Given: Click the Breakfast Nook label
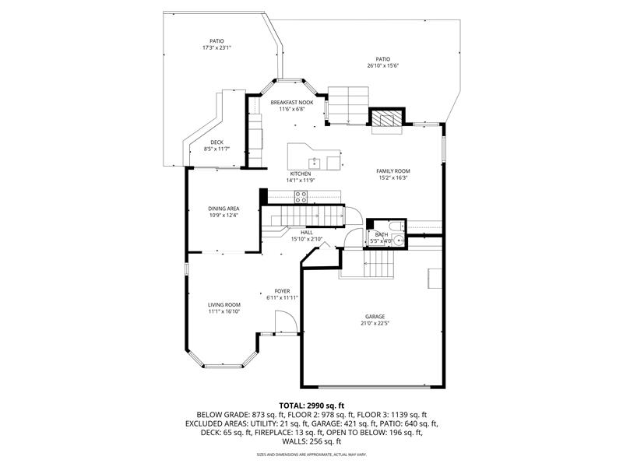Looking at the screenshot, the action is coord(291,103).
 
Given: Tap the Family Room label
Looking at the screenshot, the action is coord(393,171).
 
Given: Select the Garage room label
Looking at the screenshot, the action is coord(375,317).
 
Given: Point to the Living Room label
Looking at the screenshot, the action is coord(224,305).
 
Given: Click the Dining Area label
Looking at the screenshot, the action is coord(224,209).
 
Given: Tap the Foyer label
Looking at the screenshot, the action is coord(282,291).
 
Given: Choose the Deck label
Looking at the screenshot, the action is coord(217,142).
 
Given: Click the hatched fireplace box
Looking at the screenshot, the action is coord(387,118).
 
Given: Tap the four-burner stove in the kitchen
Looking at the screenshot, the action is coord(301,197).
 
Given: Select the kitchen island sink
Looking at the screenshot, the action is coord(315,163).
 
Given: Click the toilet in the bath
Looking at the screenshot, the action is coord(397,226).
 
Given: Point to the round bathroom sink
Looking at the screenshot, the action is coord(398,241).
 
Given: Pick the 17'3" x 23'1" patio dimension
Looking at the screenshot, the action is coord(217,47).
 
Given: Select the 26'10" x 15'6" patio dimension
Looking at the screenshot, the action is coord(383,66).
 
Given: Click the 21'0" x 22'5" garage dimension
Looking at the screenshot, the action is coord(375,323).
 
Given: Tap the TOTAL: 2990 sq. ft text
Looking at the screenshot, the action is coord(311,406).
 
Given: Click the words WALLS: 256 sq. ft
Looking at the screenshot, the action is coord(311,441).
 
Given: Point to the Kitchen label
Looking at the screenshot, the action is coord(301,174).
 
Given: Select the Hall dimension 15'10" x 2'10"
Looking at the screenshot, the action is coord(307,240).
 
